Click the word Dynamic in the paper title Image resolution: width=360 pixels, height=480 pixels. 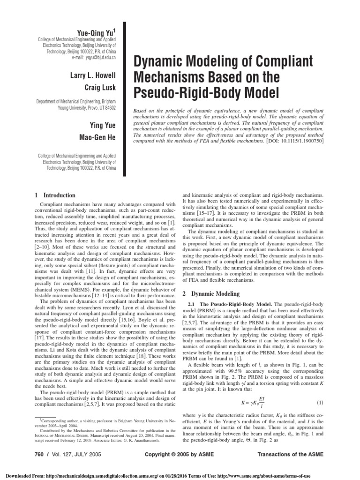click(x=163, y=61)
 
